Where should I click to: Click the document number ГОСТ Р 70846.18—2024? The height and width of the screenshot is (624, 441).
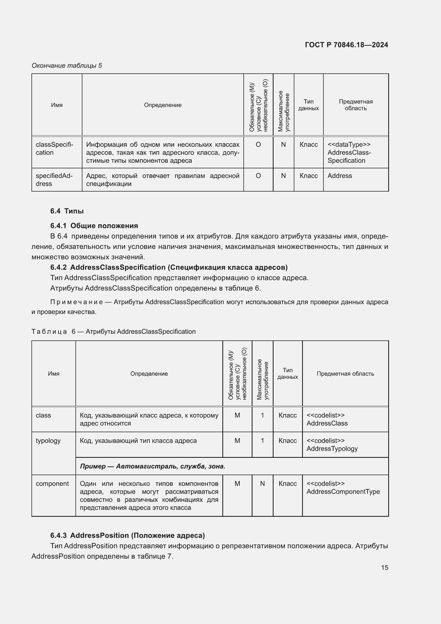[x=346, y=45]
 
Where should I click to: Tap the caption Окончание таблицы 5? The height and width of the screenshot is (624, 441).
[x=67, y=66]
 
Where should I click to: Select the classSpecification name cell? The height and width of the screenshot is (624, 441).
[x=55, y=149]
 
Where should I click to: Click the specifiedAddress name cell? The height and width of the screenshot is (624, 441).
[x=54, y=180]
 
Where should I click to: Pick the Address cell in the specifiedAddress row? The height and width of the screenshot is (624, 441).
[x=339, y=176]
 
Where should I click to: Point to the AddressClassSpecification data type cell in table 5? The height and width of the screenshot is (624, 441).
[x=349, y=153]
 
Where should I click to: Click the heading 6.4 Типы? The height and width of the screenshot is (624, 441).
[x=67, y=211]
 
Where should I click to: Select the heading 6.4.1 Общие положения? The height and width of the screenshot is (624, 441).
[x=94, y=226]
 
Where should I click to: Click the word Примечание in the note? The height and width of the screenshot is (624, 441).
[x=76, y=302]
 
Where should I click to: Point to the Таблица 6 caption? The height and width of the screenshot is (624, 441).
[x=114, y=332]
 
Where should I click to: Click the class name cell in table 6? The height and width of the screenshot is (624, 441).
[x=43, y=415]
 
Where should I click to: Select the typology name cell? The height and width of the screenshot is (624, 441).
[x=48, y=440]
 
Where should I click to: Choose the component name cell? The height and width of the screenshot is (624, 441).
[x=52, y=483]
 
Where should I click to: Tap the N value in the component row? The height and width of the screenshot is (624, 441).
[x=262, y=483]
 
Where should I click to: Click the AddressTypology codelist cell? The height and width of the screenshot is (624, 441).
[x=332, y=445]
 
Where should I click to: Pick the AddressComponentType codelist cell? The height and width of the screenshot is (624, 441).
[x=343, y=488]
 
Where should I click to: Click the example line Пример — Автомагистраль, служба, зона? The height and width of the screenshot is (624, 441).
[x=152, y=466]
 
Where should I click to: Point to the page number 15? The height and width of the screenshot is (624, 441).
[x=384, y=567]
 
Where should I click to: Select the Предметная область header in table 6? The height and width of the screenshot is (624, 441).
[x=345, y=374]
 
